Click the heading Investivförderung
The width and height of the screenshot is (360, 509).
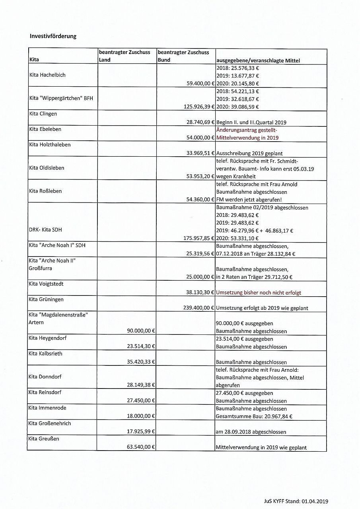click(53, 36)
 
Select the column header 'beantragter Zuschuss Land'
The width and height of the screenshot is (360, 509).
click(125, 56)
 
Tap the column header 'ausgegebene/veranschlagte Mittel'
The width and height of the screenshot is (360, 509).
click(258, 60)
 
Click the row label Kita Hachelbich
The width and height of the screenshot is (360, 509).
click(47, 75)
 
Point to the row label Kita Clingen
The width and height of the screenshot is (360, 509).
click(43, 114)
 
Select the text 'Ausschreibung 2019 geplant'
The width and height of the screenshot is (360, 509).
click(249, 153)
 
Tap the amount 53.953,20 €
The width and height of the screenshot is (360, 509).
click(201, 176)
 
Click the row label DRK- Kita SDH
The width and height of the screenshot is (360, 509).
click(45, 229)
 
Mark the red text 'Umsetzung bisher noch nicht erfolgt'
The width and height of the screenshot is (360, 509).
click(259, 293)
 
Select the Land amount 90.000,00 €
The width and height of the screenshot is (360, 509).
click(141, 331)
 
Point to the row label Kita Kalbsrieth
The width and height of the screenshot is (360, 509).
click(45, 354)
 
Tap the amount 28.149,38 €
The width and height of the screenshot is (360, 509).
click(141, 385)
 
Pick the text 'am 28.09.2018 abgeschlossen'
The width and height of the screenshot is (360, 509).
click(251, 432)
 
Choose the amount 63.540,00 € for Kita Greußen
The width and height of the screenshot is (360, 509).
click(141, 447)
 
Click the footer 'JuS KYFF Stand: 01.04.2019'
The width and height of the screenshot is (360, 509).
click(296, 501)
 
